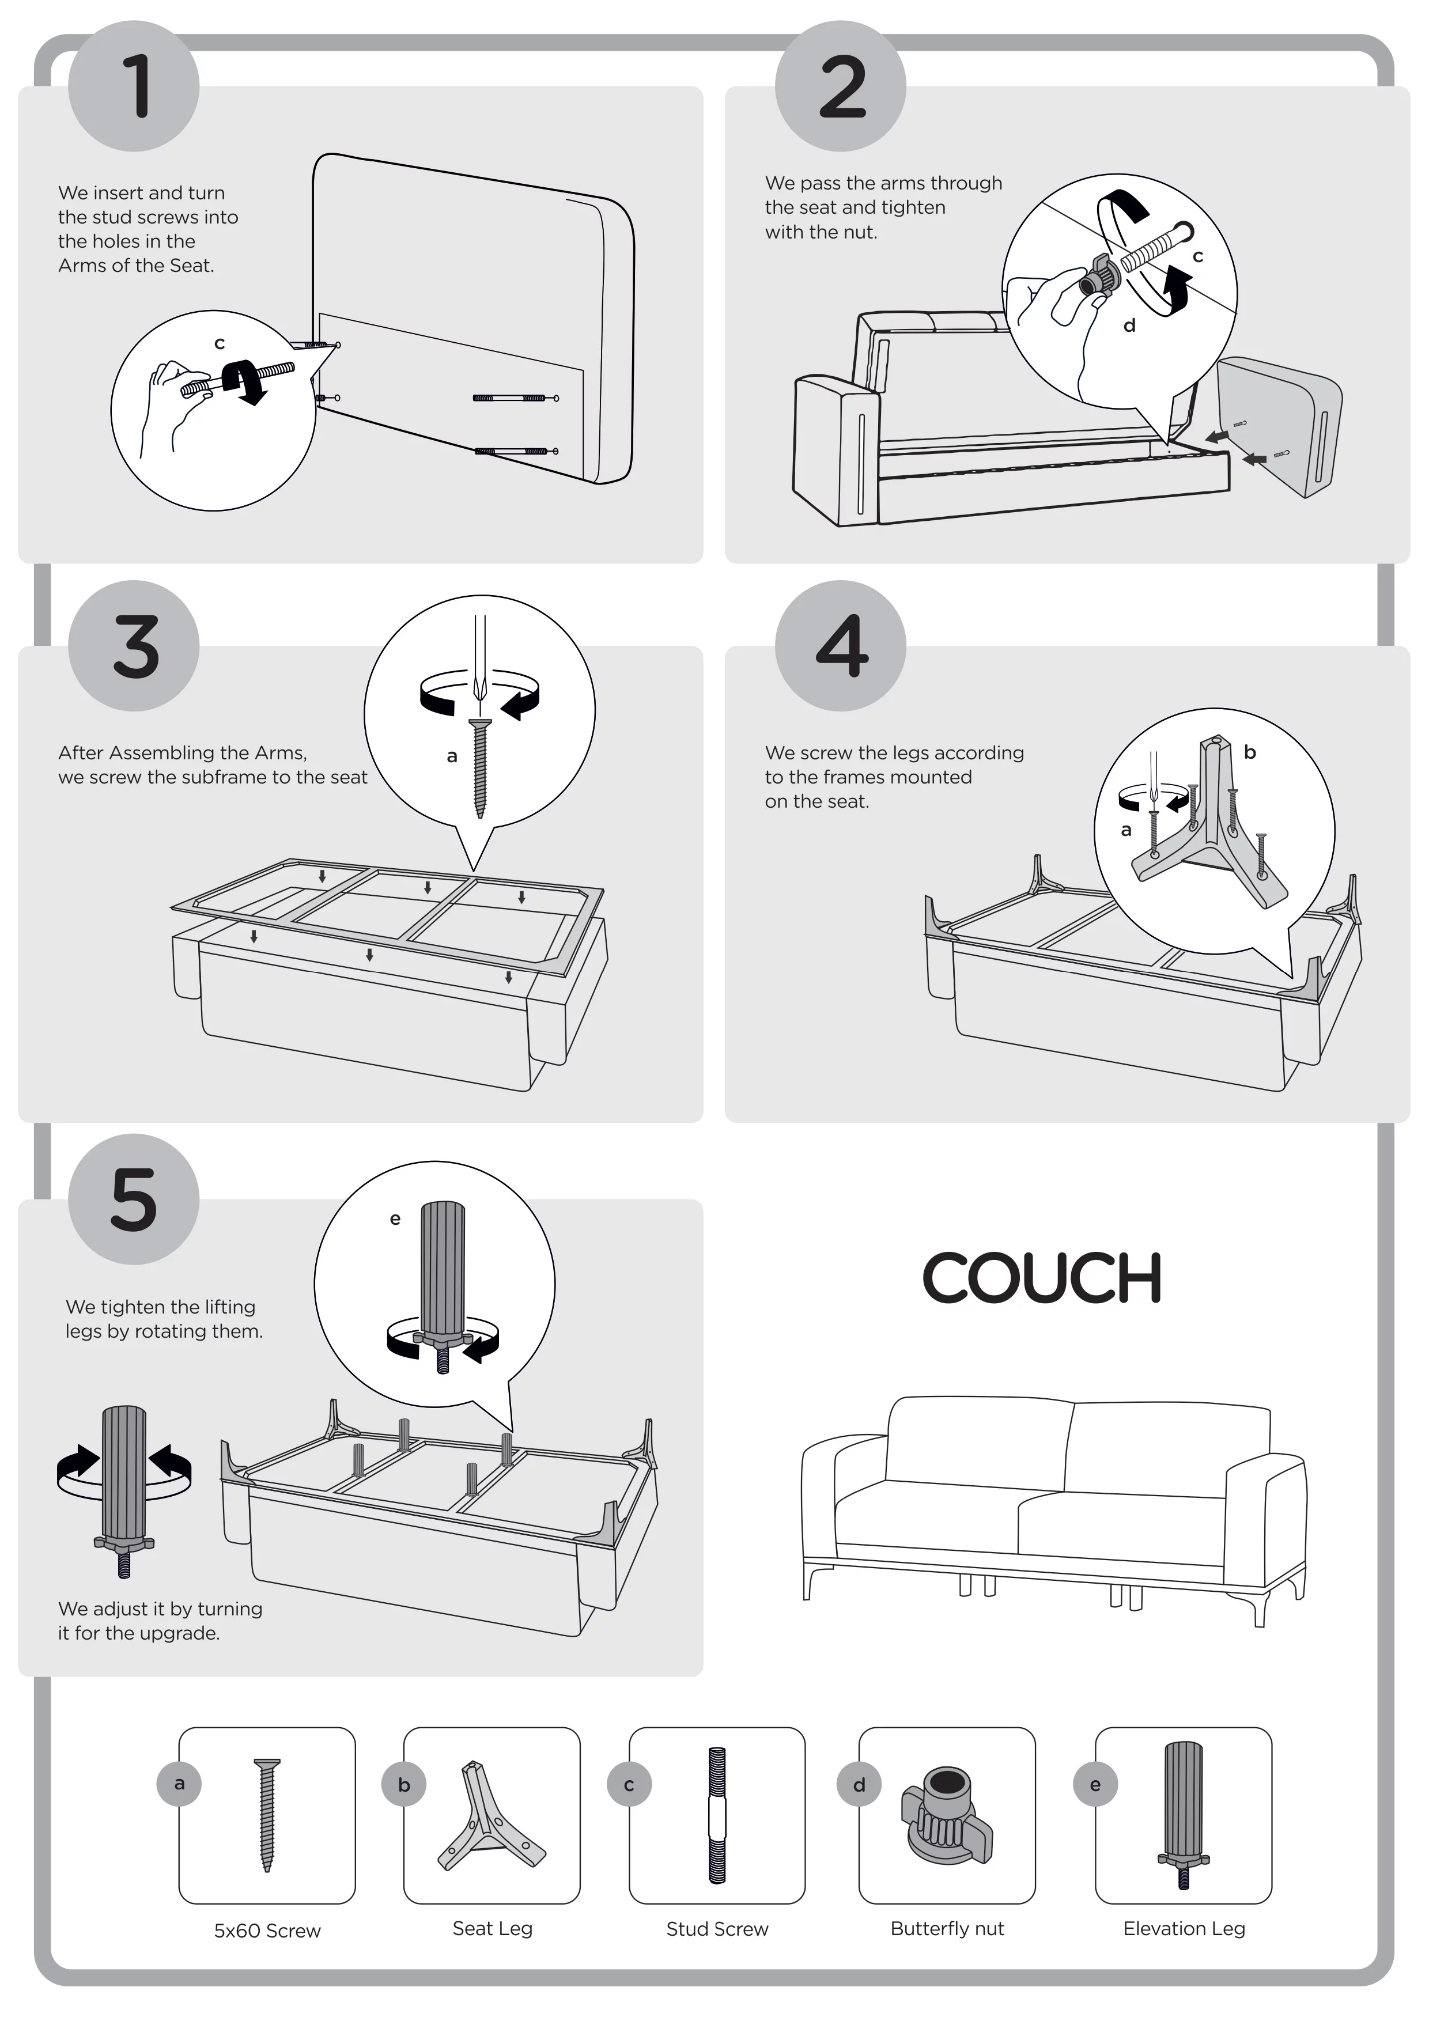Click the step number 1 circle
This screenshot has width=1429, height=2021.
(134, 86)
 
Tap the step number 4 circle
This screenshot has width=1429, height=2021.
(841, 646)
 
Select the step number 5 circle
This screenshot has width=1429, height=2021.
(134, 1199)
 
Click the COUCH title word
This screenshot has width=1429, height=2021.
(1042, 1278)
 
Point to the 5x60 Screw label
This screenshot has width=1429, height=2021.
(268, 1931)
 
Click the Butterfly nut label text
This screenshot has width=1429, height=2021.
(947, 1929)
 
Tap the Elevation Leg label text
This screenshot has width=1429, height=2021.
(1184, 1929)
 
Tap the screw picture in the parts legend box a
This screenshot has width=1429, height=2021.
(267, 1814)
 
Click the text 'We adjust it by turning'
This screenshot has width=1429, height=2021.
(160, 1609)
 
